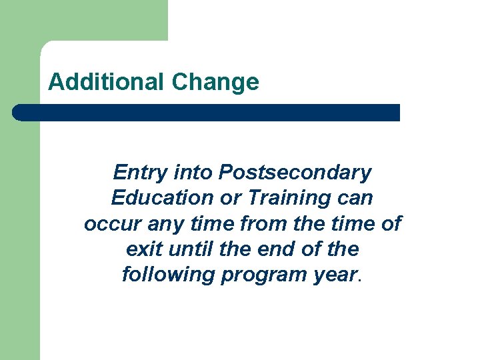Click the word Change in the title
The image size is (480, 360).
(x=215, y=82)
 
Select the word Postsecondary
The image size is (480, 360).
(x=295, y=173)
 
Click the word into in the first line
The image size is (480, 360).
(x=193, y=173)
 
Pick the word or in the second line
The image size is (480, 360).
(x=229, y=199)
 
